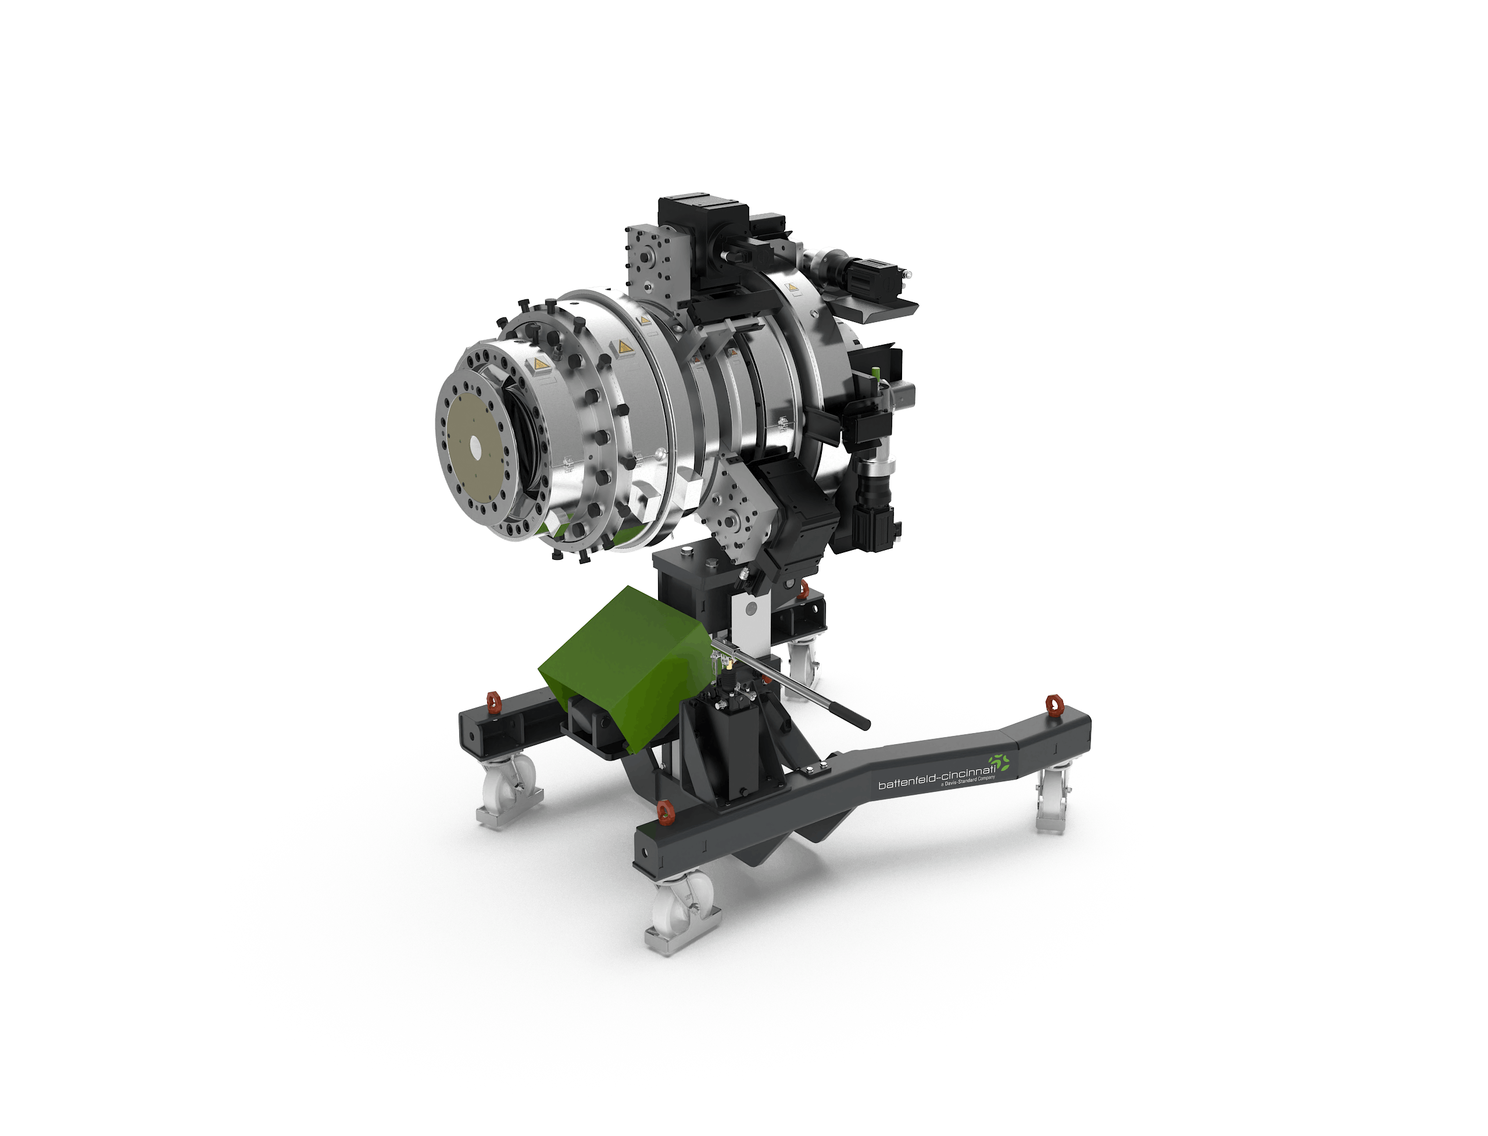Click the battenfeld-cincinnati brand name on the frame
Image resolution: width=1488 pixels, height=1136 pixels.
(x=936, y=778)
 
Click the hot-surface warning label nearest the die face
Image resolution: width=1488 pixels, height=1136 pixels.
(x=539, y=365)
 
